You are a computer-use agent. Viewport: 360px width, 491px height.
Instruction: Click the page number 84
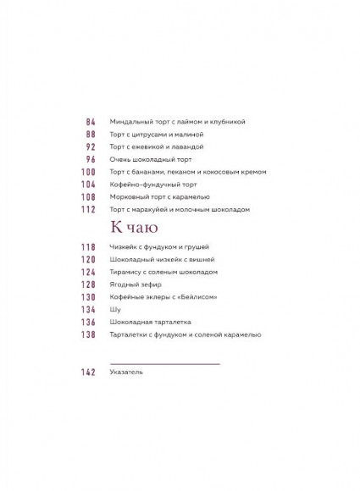point(91,122)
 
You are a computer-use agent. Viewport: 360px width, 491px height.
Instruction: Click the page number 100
point(89,172)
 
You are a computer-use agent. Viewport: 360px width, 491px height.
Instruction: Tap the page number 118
point(89,246)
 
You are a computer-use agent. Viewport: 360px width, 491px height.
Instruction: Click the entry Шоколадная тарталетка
point(152,322)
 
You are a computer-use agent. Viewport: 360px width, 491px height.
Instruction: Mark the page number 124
point(89,272)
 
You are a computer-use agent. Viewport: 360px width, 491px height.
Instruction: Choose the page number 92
point(91,146)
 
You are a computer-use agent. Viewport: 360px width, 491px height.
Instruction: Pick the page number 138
point(89,334)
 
